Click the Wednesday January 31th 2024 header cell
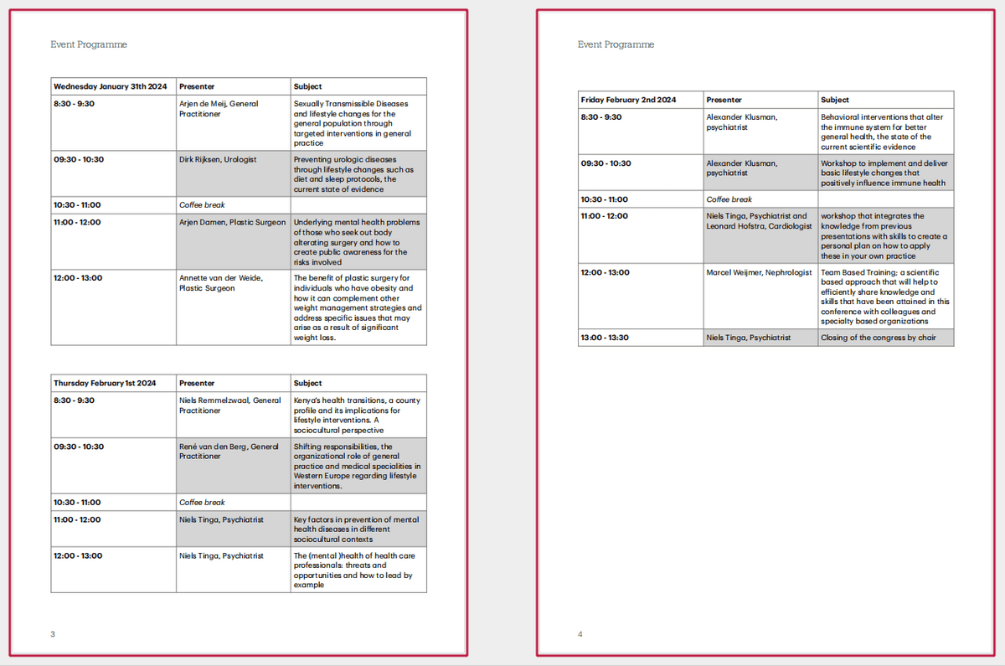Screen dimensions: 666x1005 click(x=111, y=86)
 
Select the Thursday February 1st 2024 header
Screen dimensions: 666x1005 click(x=106, y=383)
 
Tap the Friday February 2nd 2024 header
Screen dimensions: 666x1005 click(x=629, y=100)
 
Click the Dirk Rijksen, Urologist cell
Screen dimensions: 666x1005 click(x=218, y=159)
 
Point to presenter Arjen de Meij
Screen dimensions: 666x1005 click(x=219, y=109)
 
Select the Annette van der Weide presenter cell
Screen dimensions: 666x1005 click(x=220, y=283)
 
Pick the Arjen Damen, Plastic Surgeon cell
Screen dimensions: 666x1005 click(x=232, y=223)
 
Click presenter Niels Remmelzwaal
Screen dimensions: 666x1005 click(x=229, y=405)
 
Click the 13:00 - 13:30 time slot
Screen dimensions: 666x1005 click(x=606, y=338)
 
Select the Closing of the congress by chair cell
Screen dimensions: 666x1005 click(x=878, y=338)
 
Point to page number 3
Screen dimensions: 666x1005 click(x=53, y=634)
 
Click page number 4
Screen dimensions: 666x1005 click(x=580, y=634)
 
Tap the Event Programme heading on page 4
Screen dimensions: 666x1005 click(x=616, y=44)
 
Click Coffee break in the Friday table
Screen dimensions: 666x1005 click(x=729, y=199)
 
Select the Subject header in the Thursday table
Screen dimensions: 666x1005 click(x=307, y=383)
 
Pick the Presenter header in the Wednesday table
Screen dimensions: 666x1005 click(x=197, y=86)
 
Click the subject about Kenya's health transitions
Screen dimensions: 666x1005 click(x=358, y=416)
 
